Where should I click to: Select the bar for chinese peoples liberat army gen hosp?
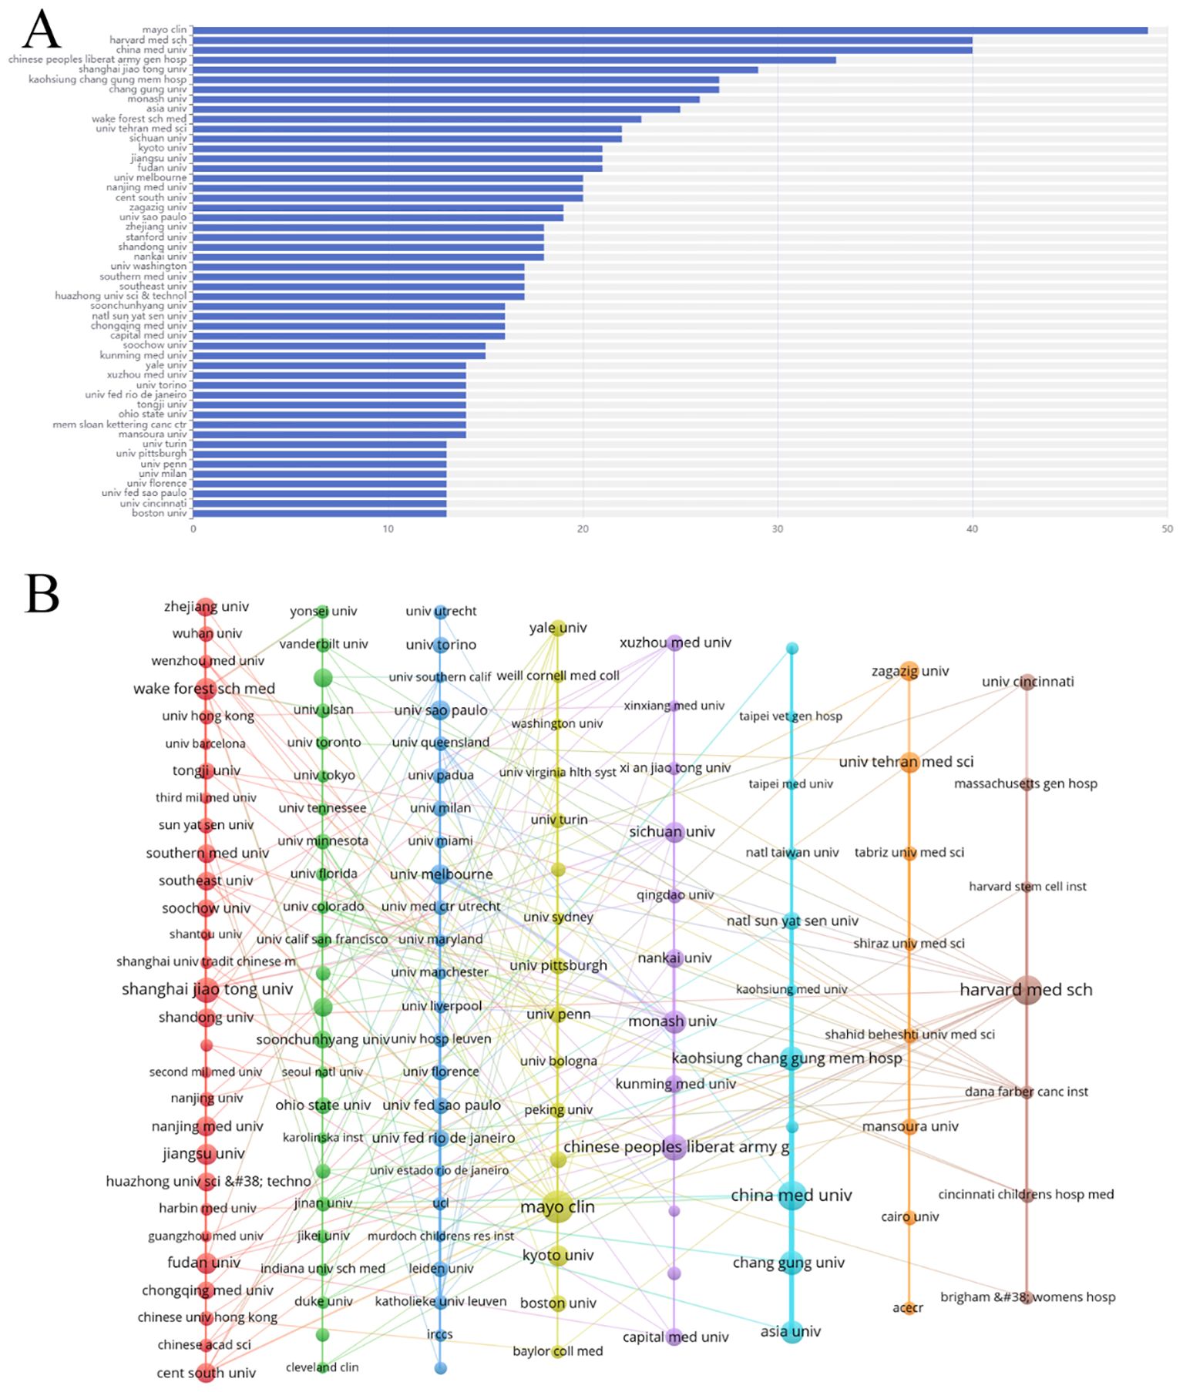tap(513, 60)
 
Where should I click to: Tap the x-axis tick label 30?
tap(778, 529)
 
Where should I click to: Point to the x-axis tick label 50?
tap(1167, 529)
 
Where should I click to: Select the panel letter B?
tap(42, 594)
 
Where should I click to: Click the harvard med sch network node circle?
tap(1027, 990)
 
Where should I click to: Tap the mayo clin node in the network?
tap(557, 1207)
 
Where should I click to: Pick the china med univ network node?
tap(791, 1195)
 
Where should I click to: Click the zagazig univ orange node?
tap(909, 671)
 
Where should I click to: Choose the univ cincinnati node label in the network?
tap(1027, 682)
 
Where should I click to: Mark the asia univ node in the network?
tap(791, 1331)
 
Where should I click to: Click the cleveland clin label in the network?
tap(322, 1367)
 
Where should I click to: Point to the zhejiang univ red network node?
tap(205, 607)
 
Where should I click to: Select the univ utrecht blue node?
tap(440, 612)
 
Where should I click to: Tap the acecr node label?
tap(907, 1307)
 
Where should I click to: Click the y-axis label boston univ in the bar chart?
tap(160, 513)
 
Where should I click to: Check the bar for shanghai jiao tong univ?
tap(475, 69)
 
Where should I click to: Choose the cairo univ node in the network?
tap(909, 1217)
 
